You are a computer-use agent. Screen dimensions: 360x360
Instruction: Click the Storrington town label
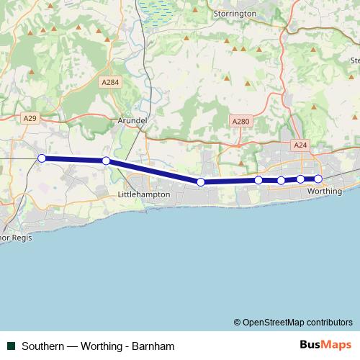235,13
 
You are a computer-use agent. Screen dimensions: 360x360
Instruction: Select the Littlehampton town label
143,194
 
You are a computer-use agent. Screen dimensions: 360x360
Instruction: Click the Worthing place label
324,192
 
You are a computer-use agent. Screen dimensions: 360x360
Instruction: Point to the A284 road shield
110,83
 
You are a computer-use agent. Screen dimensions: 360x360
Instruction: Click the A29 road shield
30,117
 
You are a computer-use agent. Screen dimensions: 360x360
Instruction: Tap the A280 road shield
240,122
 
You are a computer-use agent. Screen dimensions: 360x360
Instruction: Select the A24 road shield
300,145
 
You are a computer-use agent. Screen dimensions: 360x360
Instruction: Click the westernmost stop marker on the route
42,158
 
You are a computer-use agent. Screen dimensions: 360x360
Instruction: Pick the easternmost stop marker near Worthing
318,179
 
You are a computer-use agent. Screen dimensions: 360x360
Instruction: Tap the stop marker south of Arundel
106,161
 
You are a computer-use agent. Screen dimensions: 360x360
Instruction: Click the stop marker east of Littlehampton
201,182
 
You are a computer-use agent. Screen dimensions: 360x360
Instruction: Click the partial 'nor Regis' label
15,235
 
